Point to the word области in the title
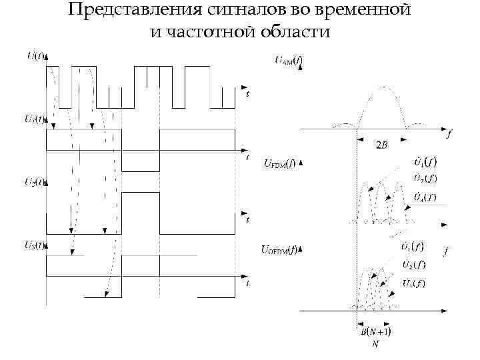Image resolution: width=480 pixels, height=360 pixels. [293, 32]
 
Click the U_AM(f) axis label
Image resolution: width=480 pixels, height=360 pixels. [289, 61]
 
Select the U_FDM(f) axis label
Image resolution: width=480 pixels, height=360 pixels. [279, 162]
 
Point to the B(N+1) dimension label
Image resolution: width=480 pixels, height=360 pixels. [375, 331]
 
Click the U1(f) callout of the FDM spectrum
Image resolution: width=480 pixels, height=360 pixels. [423, 161]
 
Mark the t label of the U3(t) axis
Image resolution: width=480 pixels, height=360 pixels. [247, 283]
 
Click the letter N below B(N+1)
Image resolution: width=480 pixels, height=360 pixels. [375, 344]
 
